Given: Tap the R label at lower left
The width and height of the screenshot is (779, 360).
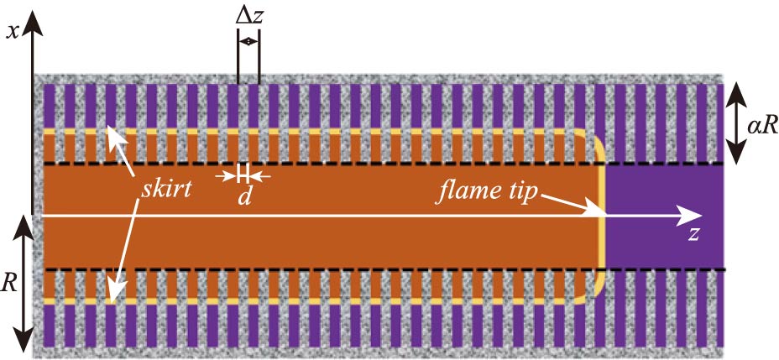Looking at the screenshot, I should pos(10,282).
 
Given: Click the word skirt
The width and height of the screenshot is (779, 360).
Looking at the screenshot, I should pos(165,188).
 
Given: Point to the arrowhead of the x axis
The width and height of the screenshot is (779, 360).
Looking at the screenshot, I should pos(33,23).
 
